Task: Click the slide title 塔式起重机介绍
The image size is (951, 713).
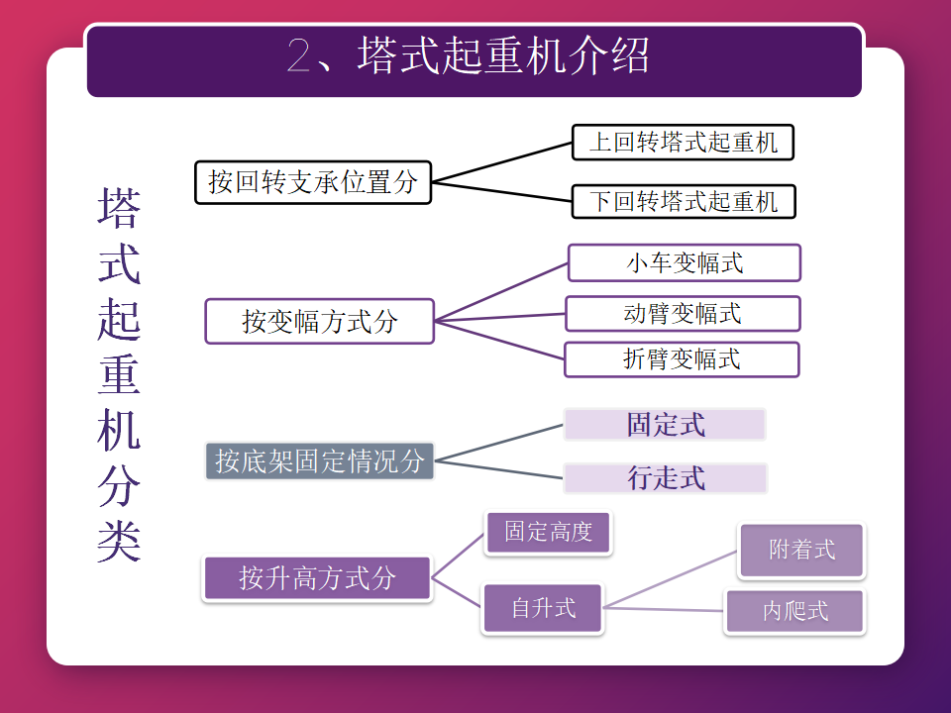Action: [503, 55]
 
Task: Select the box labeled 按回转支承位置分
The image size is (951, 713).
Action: [313, 182]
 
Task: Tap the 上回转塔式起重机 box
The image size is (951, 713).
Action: [684, 143]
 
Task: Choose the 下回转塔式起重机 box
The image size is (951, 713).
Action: [684, 202]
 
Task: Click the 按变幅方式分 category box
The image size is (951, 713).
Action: [319, 321]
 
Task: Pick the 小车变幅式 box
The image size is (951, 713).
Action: [684, 263]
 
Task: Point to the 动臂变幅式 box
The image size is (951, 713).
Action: [683, 314]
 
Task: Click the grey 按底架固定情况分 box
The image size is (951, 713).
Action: [319, 460]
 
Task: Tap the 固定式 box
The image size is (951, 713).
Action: [666, 425]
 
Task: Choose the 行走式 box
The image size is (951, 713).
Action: [666, 478]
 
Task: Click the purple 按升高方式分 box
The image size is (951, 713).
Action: [317, 578]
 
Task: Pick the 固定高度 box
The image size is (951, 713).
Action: [548, 533]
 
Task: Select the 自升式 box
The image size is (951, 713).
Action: [543, 607]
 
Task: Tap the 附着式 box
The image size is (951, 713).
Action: [801, 551]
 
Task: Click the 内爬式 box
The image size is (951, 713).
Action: [794, 611]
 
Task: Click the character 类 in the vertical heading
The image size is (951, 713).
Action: [119, 539]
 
